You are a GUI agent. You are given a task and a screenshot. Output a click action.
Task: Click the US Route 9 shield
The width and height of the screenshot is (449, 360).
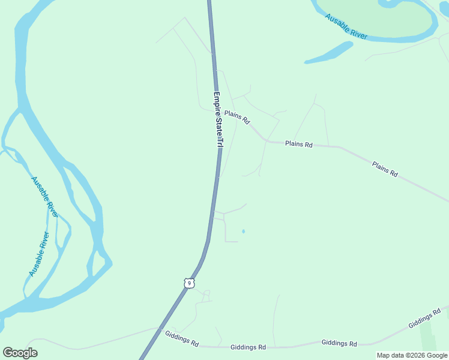189,282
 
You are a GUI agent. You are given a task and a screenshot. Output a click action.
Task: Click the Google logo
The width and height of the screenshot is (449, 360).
20,353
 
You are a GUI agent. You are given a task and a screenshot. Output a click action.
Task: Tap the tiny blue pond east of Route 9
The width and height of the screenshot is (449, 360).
243,231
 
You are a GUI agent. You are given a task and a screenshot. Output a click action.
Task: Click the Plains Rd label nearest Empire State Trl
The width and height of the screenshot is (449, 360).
237,116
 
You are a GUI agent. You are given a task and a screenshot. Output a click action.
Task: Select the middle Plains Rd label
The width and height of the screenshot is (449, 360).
299,144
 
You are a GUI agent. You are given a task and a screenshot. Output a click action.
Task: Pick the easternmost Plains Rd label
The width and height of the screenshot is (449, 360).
385,169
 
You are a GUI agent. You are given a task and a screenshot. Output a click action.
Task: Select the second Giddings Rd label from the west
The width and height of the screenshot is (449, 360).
248,347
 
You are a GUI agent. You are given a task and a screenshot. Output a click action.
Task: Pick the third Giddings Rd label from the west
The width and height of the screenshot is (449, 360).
339,343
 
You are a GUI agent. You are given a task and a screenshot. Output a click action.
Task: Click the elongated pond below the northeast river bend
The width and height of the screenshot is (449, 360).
329,53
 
